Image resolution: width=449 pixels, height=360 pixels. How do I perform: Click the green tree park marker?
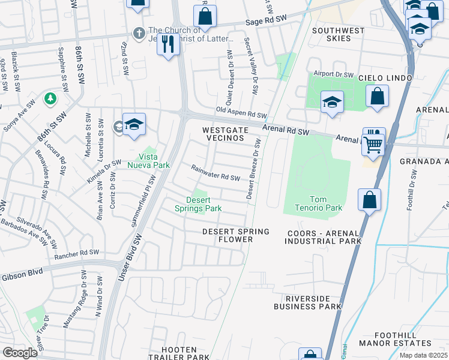click(48, 98)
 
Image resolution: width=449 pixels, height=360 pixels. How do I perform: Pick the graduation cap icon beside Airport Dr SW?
click(331, 102)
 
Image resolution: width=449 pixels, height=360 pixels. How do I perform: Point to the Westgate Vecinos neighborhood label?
click(223, 134)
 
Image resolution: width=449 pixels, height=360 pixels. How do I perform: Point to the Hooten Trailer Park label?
click(179, 353)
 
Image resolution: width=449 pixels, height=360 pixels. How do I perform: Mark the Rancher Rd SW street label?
click(76, 253)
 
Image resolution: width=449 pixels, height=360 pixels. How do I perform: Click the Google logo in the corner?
click(20, 353)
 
